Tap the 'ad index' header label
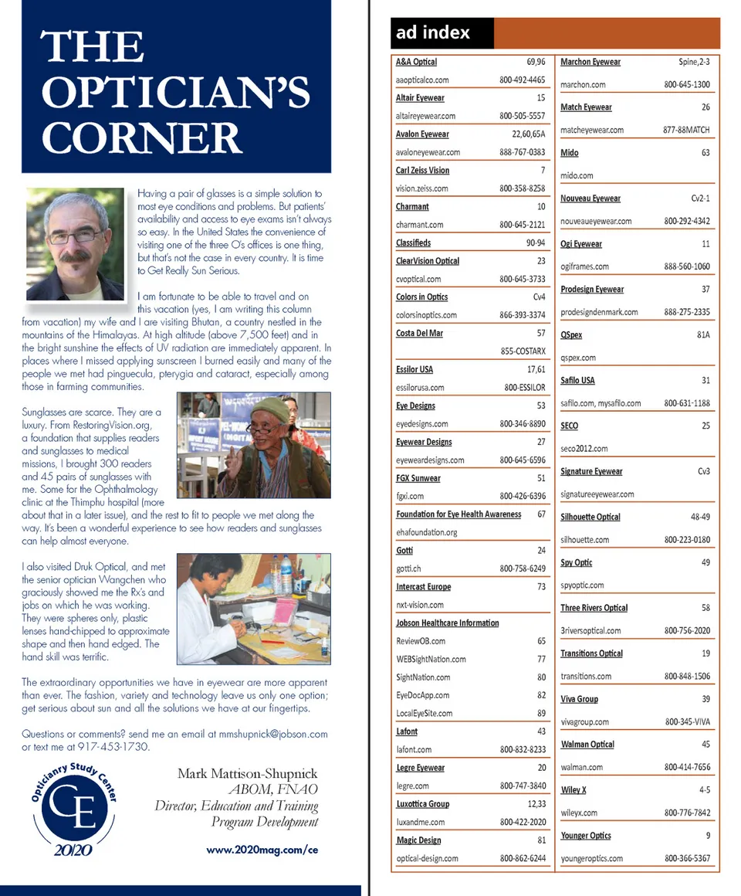point(433,32)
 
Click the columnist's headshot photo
point(75,244)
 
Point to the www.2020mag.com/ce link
point(262,849)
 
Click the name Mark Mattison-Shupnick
point(247,773)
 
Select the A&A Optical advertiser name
point(416,62)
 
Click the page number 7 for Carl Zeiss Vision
point(543,171)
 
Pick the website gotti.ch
point(408,568)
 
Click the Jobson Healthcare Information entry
point(447,623)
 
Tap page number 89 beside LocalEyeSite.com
point(541,714)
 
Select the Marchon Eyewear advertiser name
point(590,62)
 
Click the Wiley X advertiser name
point(574,790)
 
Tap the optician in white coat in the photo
point(207,618)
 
